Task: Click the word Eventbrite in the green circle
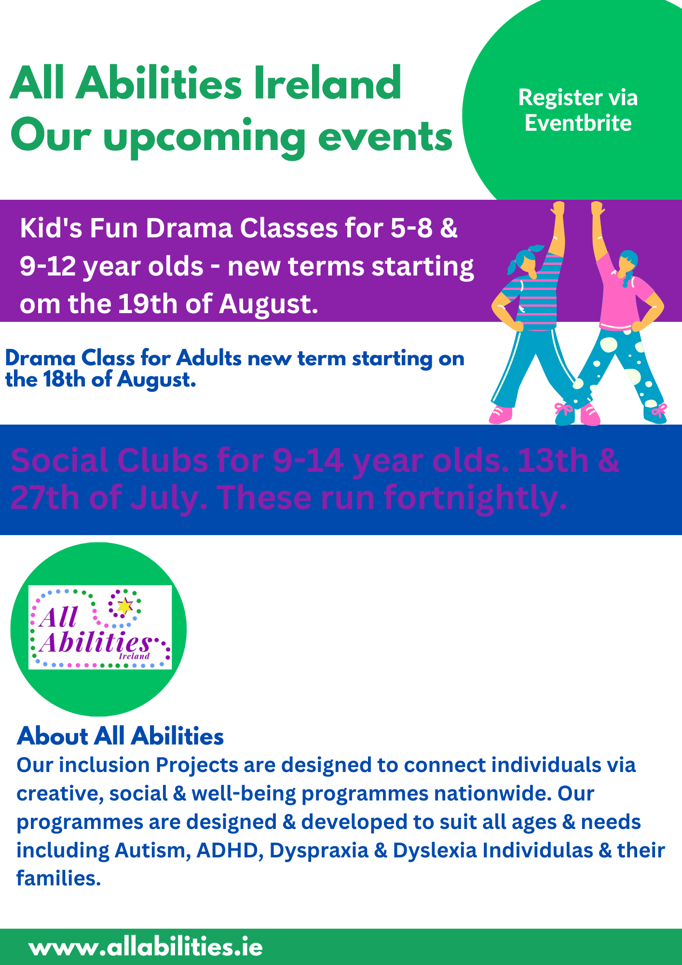coord(578,123)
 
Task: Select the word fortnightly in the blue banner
coord(475,498)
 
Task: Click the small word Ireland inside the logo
coord(134,656)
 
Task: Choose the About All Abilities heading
coord(120,736)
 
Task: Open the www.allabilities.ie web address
coord(146,947)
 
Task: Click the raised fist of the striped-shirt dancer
coord(559,209)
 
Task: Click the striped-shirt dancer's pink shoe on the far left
coord(501,414)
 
